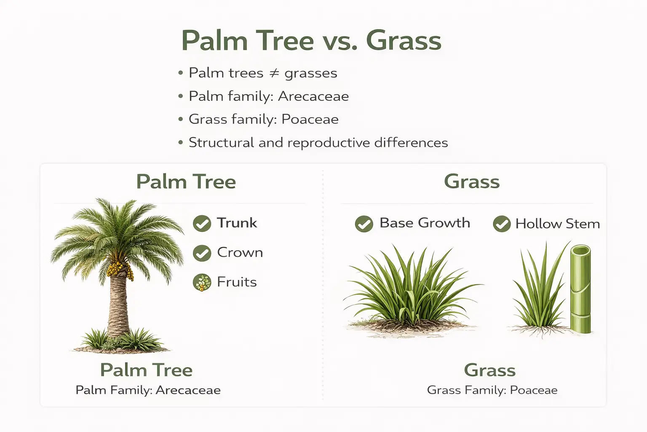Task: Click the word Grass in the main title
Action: pos(404,41)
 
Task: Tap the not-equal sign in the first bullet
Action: pos(274,73)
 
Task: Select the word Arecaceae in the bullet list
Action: pos(313,97)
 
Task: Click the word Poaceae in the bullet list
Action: pos(310,120)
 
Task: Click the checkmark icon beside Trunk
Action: pos(202,224)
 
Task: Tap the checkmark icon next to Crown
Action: pos(202,253)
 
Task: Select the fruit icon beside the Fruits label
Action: pos(202,283)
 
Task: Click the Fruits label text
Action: pos(237,282)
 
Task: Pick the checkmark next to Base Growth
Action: pos(364,224)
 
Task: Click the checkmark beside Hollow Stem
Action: pos(502,224)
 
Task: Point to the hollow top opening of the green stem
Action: pos(580,251)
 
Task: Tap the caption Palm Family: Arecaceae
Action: pos(148,390)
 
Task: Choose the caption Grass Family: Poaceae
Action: pos(492,390)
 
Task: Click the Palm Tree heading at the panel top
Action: pos(186,182)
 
